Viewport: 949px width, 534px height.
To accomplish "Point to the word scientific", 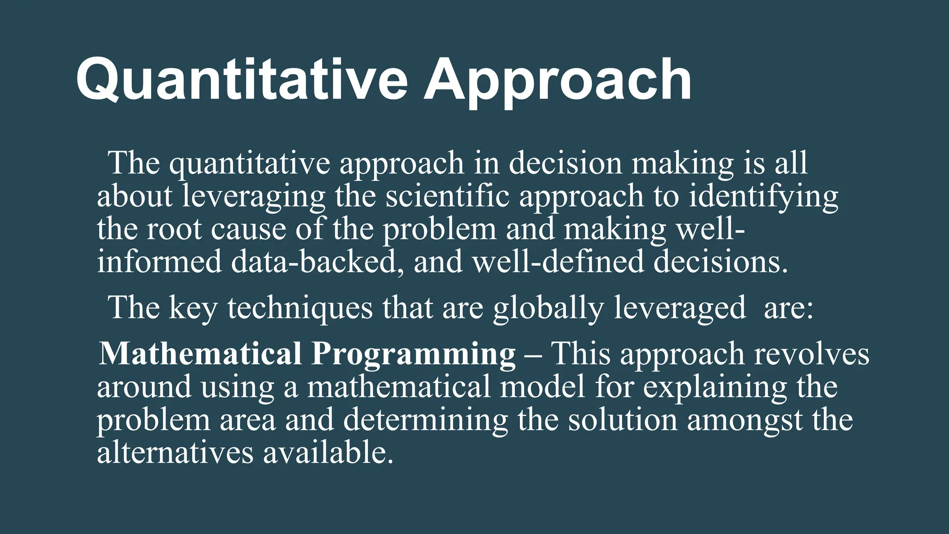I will click(x=447, y=196).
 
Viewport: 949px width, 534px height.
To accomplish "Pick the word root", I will click(x=174, y=229).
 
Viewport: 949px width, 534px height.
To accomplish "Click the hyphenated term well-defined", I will click(x=558, y=261).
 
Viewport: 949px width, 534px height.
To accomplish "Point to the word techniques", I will click(x=300, y=308).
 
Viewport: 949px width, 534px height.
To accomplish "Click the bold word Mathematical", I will click(x=200, y=354).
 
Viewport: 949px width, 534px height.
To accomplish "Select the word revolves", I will click(x=811, y=354).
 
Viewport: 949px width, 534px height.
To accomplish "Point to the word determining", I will click(x=425, y=420).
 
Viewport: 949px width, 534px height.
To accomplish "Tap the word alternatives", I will click(x=175, y=452).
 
